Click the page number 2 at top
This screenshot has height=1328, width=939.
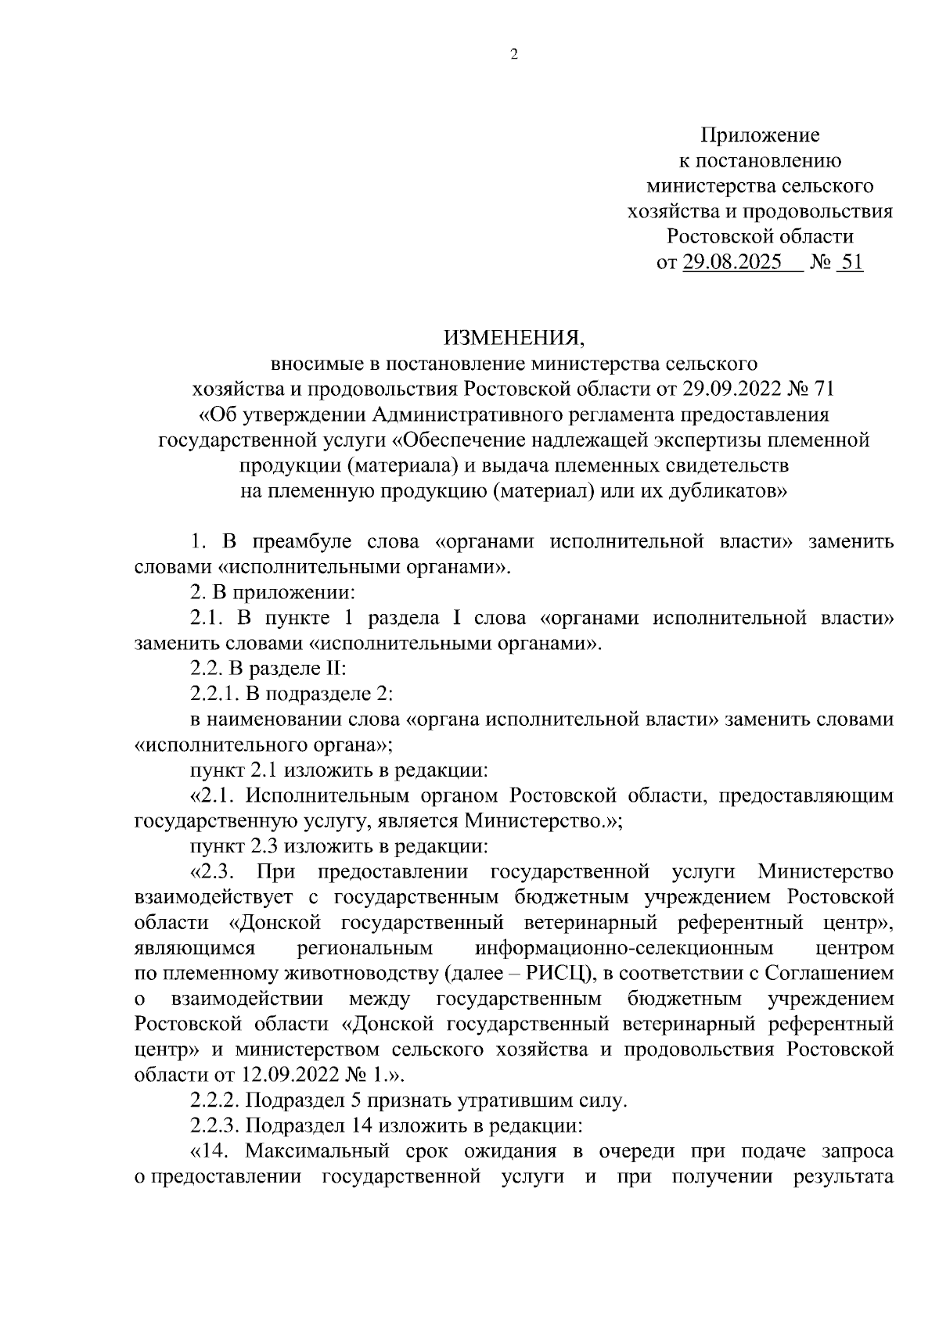point(514,54)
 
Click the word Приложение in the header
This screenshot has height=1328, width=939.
point(760,135)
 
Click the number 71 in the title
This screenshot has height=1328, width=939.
point(825,389)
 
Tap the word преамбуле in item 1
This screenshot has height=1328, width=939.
point(301,542)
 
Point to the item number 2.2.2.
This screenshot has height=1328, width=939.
point(216,1101)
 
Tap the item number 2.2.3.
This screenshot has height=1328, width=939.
point(216,1126)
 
